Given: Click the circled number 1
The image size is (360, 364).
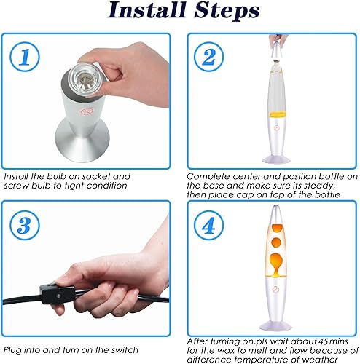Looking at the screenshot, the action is pos(25,57).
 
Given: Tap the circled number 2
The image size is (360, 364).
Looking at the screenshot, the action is pos(208,57).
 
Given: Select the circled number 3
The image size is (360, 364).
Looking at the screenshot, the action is pos(25,226).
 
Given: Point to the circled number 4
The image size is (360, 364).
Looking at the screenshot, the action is pos(208,226).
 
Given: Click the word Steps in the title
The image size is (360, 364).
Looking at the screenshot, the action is pos(227,11).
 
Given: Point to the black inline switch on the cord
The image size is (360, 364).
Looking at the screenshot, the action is pos(58,294).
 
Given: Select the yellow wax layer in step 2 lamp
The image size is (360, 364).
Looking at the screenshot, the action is pos(276,114).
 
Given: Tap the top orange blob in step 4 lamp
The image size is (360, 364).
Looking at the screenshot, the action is pos(277,229).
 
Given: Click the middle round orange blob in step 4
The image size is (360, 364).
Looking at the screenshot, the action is pos(276,242).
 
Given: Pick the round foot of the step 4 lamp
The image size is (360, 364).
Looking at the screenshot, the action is pos(275,325).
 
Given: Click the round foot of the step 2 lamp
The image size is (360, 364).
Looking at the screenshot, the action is pos(276,159).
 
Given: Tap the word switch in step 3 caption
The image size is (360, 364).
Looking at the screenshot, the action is pos(125,350).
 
